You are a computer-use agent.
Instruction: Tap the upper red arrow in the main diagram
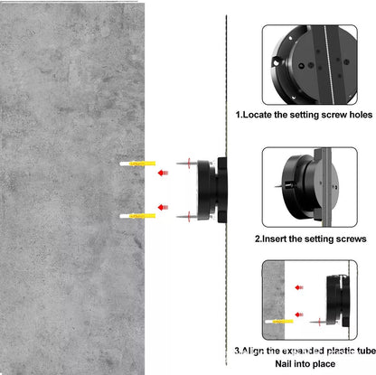click(163, 173)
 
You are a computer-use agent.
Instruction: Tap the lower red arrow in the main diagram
click(163, 207)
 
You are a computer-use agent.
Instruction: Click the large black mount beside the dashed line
click(211, 190)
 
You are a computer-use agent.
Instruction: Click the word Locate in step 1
click(257, 115)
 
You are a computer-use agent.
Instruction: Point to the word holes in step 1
click(361, 115)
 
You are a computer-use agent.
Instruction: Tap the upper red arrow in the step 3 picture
click(299, 287)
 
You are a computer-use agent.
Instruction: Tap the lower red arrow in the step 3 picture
click(299, 314)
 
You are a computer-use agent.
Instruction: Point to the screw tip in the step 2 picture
click(276, 187)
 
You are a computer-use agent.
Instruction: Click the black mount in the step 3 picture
click(338, 301)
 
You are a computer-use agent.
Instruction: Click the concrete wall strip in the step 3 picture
click(274, 300)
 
